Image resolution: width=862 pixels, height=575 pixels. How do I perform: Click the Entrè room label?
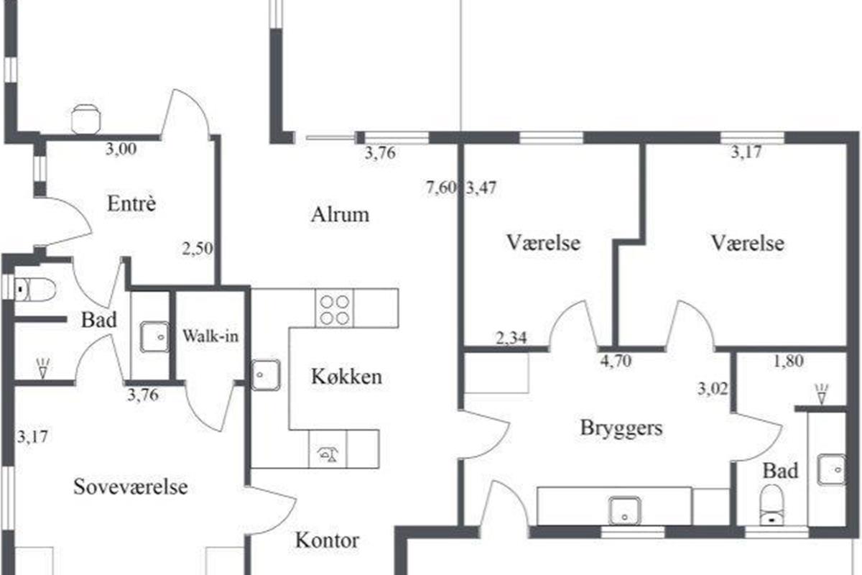[x=131, y=203]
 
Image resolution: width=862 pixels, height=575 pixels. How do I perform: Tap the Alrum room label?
[x=340, y=214]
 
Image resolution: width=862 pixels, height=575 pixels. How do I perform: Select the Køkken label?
[x=346, y=377]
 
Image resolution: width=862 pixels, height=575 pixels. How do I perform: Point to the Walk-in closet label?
[x=210, y=336]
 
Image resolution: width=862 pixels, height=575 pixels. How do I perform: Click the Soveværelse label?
[x=131, y=487]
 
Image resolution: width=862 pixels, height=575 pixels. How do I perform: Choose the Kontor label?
[x=327, y=540]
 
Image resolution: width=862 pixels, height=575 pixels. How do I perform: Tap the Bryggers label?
[x=621, y=428]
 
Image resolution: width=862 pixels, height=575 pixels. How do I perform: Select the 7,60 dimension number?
[x=441, y=188]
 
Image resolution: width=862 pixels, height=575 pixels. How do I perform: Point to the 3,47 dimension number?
[x=481, y=188]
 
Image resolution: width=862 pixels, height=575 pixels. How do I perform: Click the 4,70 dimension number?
[x=616, y=361]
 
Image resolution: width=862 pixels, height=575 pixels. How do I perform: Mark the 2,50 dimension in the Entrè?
[x=198, y=249]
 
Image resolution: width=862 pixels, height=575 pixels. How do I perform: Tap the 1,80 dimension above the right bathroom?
[x=789, y=361]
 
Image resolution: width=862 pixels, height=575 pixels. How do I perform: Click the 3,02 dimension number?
[x=713, y=389]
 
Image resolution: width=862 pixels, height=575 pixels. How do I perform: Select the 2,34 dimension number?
[x=511, y=338]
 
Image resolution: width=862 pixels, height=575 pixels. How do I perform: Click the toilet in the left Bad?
[x=34, y=289]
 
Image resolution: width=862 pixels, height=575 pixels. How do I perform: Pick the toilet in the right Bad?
[x=772, y=505]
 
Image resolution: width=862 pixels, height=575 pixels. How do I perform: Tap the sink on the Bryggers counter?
[x=625, y=511]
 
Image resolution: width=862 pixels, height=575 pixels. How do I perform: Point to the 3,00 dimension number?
[x=121, y=149]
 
